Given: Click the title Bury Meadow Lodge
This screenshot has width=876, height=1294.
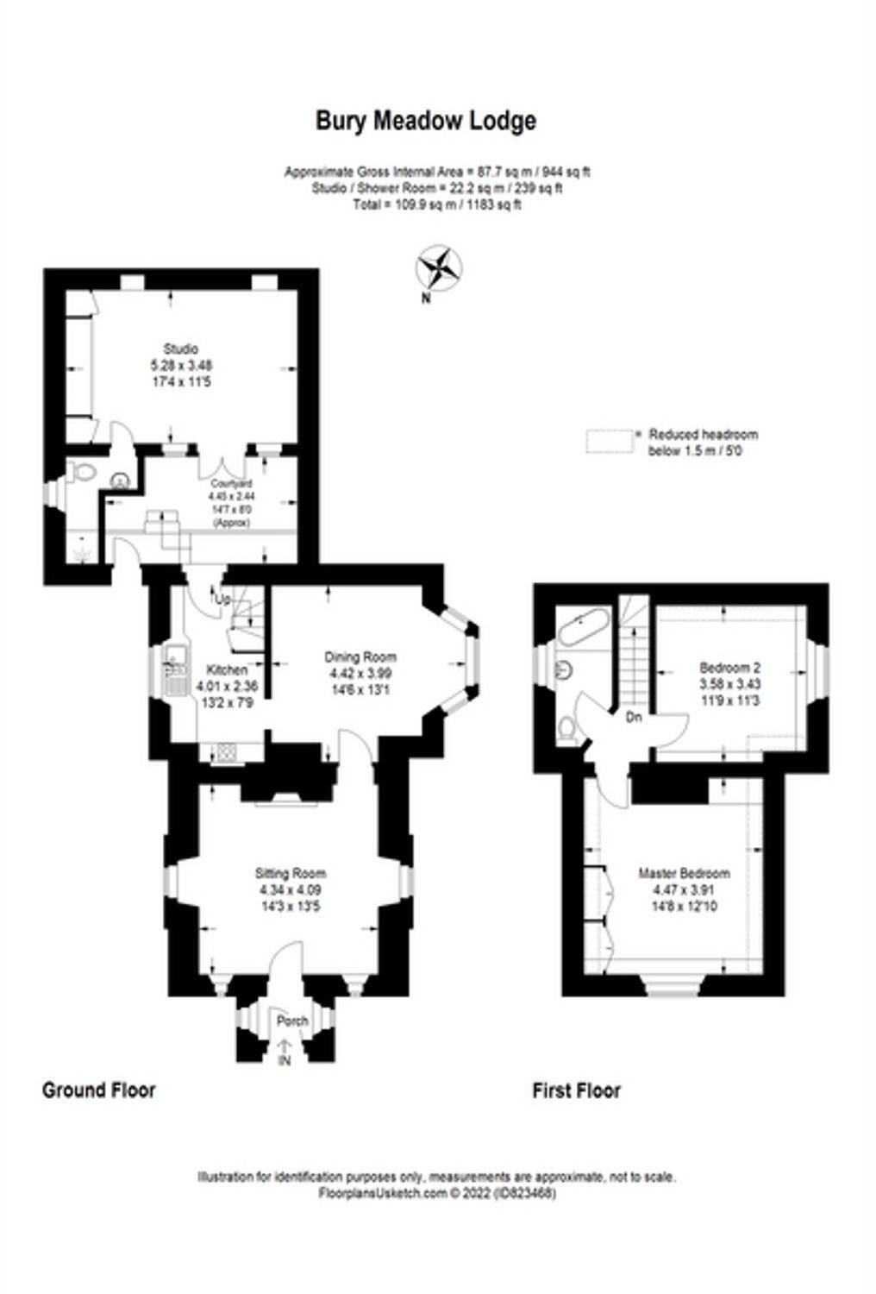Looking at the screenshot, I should tap(426, 121).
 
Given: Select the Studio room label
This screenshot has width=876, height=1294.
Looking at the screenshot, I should tap(181, 349).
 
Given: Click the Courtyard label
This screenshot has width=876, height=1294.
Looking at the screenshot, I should tap(229, 484).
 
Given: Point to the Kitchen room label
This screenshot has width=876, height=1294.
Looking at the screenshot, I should tap(227, 670).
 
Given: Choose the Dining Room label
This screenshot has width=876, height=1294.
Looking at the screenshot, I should tap(360, 656).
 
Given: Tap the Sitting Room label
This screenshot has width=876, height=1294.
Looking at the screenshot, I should tap(290, 874).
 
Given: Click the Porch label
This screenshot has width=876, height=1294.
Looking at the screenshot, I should tap(292, 1021).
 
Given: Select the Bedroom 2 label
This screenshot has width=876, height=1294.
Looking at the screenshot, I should tap(729, 668).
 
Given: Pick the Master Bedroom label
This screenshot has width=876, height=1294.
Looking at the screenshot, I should tap(684, 873).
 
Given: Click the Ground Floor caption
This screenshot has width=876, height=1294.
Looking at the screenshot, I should tap(99, 1090).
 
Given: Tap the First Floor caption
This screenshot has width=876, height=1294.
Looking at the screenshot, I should tap(576, 1091).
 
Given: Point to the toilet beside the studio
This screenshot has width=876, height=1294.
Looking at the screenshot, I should tap(82, 474).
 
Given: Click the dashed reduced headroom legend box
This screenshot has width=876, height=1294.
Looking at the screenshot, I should tap(610, 441).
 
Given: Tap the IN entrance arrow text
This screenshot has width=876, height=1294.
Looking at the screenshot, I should tap(284, 1060).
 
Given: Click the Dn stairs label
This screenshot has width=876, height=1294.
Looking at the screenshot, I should tap(634, 717).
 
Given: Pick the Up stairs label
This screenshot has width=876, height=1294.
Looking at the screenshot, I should tap(222, 599).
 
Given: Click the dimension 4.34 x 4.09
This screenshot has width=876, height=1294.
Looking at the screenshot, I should tap(290, 890).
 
